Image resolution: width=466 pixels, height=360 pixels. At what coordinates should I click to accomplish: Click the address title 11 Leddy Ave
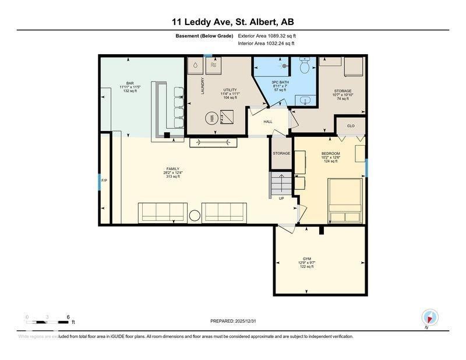232,22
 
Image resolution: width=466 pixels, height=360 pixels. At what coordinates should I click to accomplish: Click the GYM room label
306,259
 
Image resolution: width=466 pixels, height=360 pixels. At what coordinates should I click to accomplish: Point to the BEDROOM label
330,154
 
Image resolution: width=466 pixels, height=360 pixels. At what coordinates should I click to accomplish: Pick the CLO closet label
351,126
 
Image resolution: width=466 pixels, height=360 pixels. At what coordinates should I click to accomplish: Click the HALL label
268,122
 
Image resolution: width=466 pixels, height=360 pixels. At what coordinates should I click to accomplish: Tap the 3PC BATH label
280,83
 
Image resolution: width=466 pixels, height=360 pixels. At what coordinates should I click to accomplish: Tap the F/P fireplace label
104,181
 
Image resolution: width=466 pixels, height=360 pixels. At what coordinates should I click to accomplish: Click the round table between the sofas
195,216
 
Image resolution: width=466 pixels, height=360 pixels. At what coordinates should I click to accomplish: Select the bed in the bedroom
345,200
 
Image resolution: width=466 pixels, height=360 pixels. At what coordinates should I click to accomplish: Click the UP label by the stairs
281,198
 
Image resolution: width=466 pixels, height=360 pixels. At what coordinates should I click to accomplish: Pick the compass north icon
430,317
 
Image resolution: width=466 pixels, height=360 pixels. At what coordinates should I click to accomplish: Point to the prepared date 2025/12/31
232,322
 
